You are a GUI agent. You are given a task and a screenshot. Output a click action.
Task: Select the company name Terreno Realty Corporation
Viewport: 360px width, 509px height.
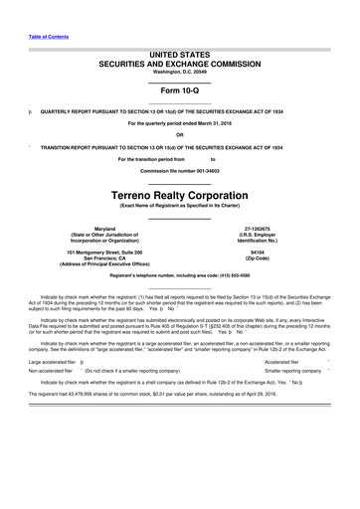pyautogui.click(x=180, y=198)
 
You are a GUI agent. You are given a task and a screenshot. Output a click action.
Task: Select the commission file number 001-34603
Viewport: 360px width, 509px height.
pyautogui.click(x=205, y=172)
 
